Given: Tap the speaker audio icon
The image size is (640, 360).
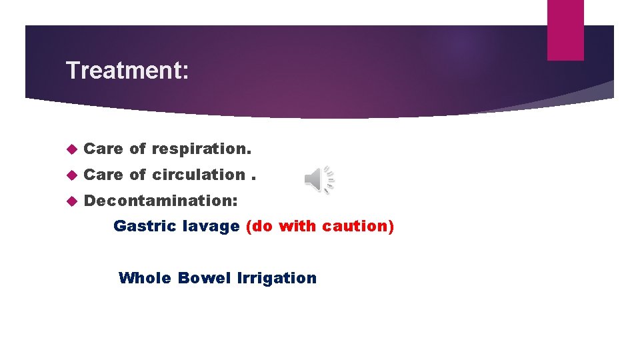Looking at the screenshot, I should (x=319, y=179).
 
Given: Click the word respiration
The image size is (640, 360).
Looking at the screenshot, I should (x=201, y=149).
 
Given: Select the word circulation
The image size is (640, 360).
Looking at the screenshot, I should (x=199, y=175).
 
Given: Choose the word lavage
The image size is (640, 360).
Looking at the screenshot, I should (x=212, y=226).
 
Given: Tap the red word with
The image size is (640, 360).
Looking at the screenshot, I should (x=298, y=226).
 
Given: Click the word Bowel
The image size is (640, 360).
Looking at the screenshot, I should (x=204, y=278).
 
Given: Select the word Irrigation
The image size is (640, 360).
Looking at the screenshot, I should (x=277, y=278).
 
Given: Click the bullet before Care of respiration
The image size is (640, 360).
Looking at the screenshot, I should (x=73, y=149).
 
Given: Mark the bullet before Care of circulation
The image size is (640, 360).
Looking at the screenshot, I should (x=73, y=175).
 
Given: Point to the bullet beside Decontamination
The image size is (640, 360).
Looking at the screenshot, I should (x=73, y=201).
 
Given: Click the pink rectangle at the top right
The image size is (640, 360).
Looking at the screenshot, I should (x=565, y=30).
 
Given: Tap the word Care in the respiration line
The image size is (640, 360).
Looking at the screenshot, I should (x=103, y=149).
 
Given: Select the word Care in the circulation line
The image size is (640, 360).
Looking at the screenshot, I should (x=103, y=175).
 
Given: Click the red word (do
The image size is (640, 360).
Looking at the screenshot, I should (x=259, y=226).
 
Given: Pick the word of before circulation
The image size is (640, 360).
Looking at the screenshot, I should (x=137, y=175).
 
